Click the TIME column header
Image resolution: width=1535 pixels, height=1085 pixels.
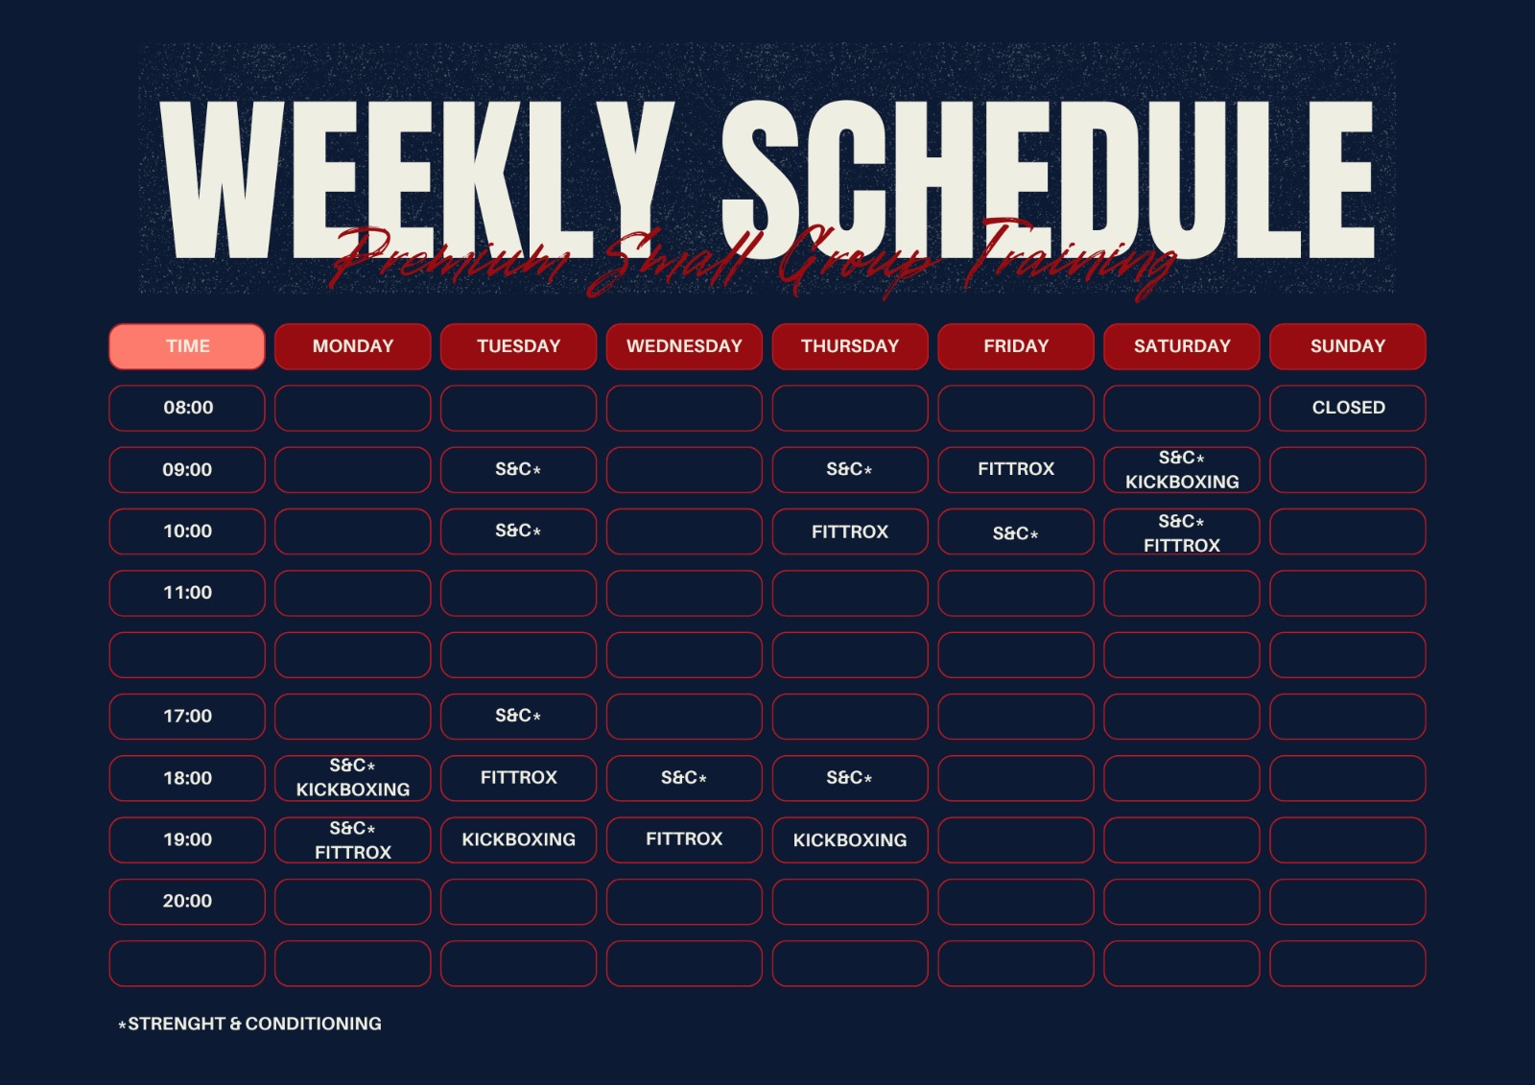tap(187, 346)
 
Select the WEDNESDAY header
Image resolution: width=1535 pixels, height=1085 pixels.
tap(684, 346)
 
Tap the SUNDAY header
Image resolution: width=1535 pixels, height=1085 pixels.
tap(1347, 346)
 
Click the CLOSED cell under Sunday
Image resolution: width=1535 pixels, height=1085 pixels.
tap(1347, 408)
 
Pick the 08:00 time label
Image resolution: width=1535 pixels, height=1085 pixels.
tap(187, 408)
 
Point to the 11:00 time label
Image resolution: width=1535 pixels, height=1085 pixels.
tap(187, 593)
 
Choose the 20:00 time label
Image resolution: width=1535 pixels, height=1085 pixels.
tap(187, 902)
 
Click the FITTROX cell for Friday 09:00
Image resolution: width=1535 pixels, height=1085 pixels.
tap(1016, 469)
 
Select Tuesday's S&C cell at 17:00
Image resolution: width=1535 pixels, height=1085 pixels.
tap(518, 717)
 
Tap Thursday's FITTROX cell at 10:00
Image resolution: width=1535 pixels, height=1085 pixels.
tap(850, 531)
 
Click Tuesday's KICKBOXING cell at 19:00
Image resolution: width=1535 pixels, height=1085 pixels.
tap(518, 839)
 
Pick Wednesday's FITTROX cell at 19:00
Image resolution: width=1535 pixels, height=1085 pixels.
tap(684, 839)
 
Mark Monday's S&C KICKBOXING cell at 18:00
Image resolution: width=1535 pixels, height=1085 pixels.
tap(352, 778)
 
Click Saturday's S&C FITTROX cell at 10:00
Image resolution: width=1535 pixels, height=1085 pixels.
tap(1181, 531)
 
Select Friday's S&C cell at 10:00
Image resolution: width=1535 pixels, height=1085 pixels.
tap(1016, 531)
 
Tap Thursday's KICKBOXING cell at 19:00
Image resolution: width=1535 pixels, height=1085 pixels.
tap(850, 839)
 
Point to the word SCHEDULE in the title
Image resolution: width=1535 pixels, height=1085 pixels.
tap(1048, 179)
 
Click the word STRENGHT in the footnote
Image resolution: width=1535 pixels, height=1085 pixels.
tap(177, 1024)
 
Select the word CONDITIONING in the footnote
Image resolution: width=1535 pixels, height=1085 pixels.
tap(313, 1024)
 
